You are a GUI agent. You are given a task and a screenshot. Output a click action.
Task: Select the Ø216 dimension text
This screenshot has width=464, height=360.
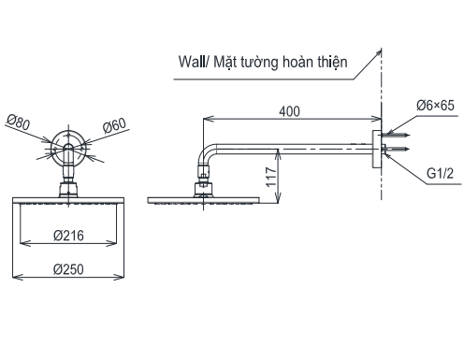point(69,236)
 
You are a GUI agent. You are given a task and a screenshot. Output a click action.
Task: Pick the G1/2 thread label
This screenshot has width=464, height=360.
point(440,174)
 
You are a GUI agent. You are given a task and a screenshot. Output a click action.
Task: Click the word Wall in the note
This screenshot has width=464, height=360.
point(193,64)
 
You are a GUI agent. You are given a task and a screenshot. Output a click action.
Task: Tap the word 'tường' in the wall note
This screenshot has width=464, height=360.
point(264,64)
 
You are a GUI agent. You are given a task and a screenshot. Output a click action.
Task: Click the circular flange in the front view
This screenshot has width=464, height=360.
point(68,146)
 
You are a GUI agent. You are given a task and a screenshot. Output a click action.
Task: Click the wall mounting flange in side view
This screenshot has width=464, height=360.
point(378,149)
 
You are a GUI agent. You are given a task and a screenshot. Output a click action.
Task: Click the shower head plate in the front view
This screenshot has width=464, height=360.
point(69,200)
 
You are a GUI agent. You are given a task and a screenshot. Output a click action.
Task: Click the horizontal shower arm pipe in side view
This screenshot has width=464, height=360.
point(299,144)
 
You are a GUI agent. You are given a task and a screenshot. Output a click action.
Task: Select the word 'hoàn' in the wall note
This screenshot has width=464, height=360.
point(297,64)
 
